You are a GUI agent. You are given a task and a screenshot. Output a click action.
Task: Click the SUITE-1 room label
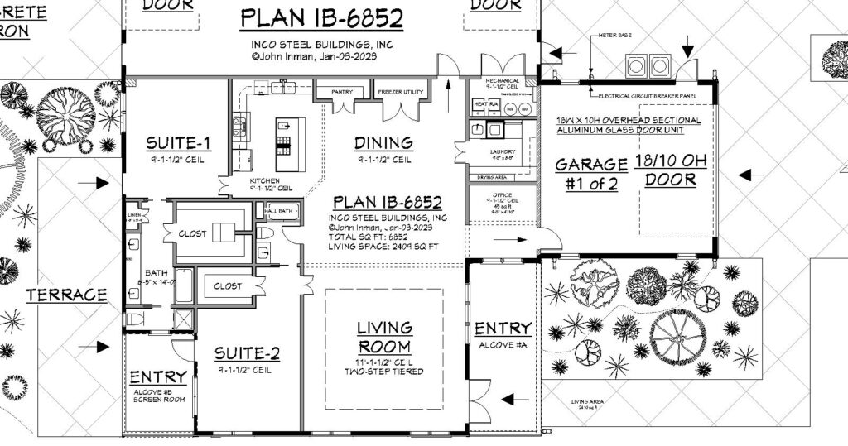click(178, 143)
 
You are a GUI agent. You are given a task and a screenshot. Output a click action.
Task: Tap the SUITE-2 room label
click(247, 354)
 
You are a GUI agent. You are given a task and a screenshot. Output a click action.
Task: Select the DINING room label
click(383, 143)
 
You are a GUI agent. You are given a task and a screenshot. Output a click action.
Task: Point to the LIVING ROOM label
click(384, 337)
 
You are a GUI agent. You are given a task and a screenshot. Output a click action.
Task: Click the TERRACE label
click(66, 295)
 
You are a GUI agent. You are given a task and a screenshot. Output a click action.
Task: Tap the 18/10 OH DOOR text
click(671, 170)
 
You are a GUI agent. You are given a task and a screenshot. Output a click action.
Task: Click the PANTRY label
click(342, 92)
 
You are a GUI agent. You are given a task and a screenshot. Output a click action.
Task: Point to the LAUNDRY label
click(502, 152)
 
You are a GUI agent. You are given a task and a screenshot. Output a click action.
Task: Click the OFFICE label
click(503, 195)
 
